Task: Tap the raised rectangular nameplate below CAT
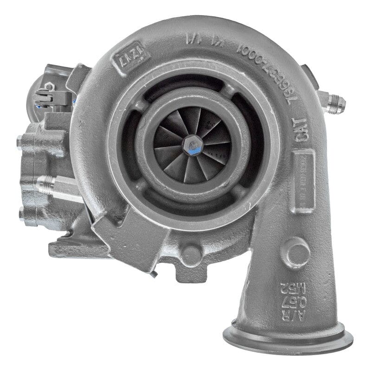(x=304, y=181)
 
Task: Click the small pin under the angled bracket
(x=154, y=275)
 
